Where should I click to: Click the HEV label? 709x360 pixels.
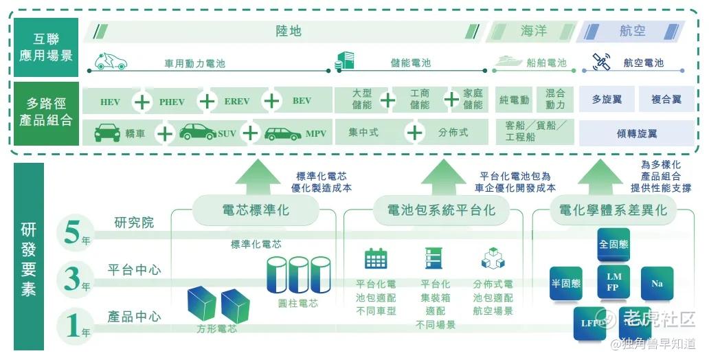[x=110, y=102]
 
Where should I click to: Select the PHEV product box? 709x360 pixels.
[x=172, y=102]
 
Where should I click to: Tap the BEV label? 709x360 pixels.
[x=302, y=101]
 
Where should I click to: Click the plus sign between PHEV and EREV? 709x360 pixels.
[x=207, y=102]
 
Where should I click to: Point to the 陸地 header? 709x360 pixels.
[x=289, y=32]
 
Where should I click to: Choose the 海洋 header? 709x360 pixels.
[x=533, y=32]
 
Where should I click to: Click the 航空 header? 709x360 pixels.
[x=632, y=32]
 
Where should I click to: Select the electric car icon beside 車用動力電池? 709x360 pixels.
[x=111, y=61]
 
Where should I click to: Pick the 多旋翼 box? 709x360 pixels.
[x=607, y=100]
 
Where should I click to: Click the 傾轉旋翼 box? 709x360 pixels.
[x=636, y=133]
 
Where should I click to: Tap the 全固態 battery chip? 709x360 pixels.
[x=614, y=245]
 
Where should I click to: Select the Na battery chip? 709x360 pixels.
[x=657, y=283]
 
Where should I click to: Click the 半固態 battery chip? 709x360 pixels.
[x=565, y=283]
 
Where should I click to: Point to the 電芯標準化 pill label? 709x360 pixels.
[x=256, y=210]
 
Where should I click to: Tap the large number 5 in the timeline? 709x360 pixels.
[x=71, y=232]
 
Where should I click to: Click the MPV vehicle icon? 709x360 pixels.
[x=282, y=133]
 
